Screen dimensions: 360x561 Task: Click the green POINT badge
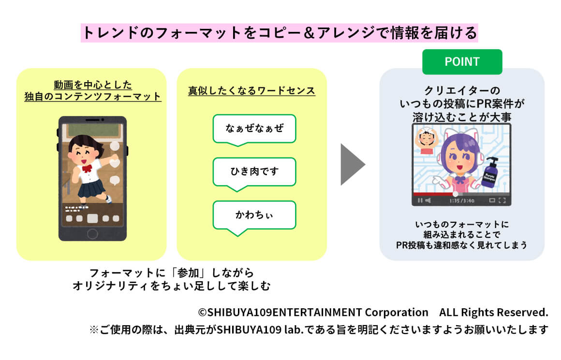(462, 62)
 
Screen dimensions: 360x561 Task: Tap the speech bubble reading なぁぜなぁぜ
(254, 128)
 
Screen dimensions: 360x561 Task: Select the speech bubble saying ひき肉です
(254, 171)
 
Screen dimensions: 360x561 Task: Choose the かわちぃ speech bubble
(254, 215)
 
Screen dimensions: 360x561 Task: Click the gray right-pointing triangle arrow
(352, 164)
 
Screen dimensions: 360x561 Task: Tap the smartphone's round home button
(92, 234)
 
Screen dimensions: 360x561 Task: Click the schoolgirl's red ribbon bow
(87, 168)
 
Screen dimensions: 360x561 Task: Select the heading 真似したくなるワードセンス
(251, 90)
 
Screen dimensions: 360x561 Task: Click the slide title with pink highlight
(280, 33)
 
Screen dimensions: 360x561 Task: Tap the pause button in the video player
(420, 201)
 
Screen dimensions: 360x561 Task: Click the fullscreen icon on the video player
(502, 201)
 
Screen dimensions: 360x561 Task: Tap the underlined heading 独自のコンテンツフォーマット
(93, 96)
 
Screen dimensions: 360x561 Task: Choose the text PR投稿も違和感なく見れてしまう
(461, 245)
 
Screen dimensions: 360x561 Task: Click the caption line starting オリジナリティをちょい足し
(171, 286)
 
